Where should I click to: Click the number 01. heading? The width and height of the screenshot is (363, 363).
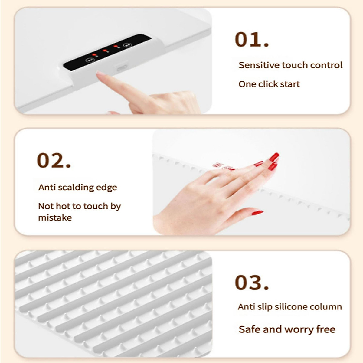click(252, 40)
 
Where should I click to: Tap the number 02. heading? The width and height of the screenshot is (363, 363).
click(54, 161)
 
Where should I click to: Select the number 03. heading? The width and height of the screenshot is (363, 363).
click(252, 283)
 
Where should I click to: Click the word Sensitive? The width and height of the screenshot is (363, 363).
click(259, 65)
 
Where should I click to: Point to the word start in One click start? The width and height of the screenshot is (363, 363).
click(289, 84)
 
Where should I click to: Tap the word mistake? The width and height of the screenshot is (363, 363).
click(55, 218)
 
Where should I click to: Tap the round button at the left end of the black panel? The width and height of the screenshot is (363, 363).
click(89, 60)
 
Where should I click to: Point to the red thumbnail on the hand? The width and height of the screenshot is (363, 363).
click(257, 213)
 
